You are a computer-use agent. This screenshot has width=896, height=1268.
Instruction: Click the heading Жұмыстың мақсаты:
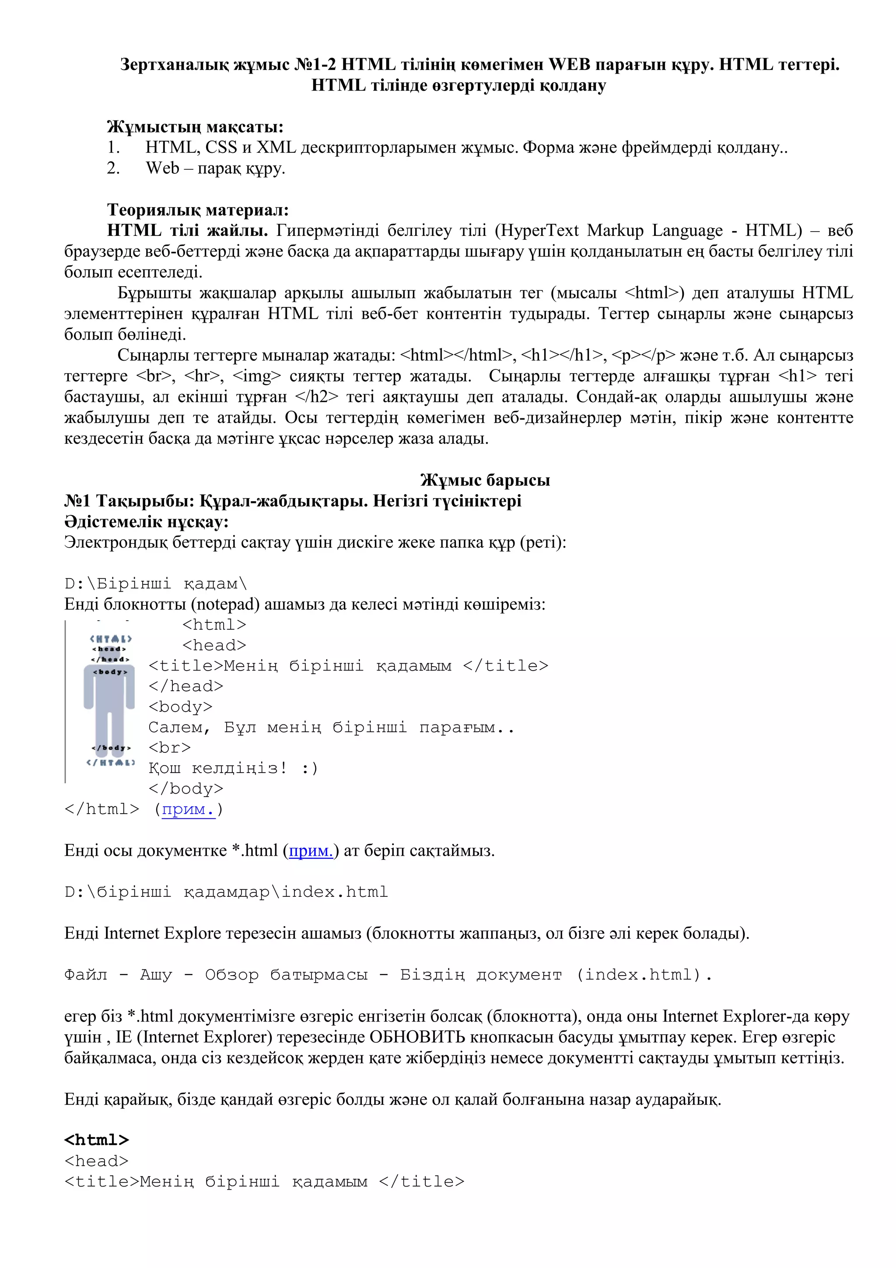(195, 127)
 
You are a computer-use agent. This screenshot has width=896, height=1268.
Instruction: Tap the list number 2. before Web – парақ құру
(113, 169)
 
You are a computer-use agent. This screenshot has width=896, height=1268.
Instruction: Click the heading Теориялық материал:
(198, 210)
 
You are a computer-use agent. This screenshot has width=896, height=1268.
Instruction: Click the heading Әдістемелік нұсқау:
(146, 522)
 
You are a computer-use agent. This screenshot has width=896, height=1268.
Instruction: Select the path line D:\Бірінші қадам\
(156, 584)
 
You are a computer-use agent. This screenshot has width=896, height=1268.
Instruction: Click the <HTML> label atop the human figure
(110, 639)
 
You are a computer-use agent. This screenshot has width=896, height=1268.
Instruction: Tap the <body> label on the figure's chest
(110, 671)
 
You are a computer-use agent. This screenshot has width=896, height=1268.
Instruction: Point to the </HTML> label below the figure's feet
(110, 762)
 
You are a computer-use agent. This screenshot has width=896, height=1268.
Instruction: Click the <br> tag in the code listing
(169, 748)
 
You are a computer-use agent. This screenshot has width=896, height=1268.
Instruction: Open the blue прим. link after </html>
(188, 810)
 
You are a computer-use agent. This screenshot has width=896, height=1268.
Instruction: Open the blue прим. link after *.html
(311, 851)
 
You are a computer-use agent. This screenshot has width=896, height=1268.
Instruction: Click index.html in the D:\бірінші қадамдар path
(335, 892)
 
